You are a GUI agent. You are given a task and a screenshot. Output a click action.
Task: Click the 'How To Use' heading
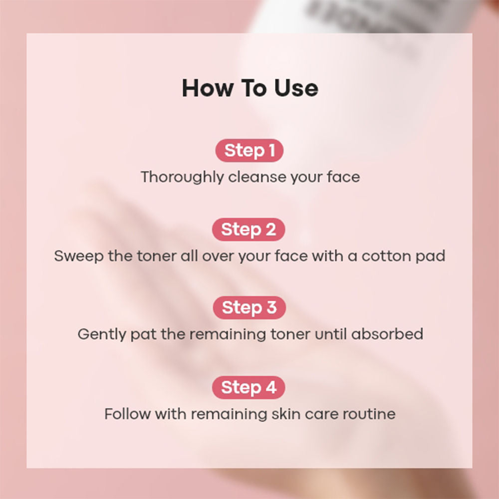tap(250, 88)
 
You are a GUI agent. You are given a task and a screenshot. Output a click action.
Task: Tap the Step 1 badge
tap(249, 151)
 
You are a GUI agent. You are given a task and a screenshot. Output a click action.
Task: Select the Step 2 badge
tap(249, 230)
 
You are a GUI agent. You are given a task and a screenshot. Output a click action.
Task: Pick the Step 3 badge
tap(249, 308)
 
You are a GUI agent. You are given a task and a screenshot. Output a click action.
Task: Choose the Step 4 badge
tap(249, 387)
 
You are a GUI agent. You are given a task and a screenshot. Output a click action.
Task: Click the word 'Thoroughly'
tap(182, 177)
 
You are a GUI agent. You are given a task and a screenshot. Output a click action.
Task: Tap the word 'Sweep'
tap(79, 256)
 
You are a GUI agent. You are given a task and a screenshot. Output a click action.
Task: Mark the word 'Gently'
tap(102, 334)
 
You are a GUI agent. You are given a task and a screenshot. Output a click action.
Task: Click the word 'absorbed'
tap(387, 334)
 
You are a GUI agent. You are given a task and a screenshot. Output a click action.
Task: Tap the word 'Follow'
tap(128, 414)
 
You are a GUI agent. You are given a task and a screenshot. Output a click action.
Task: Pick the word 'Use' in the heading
tap(296, 88)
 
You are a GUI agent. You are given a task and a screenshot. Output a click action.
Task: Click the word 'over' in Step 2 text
tap(219, 256)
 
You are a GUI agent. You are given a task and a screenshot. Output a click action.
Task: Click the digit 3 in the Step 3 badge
tap(271, 307)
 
